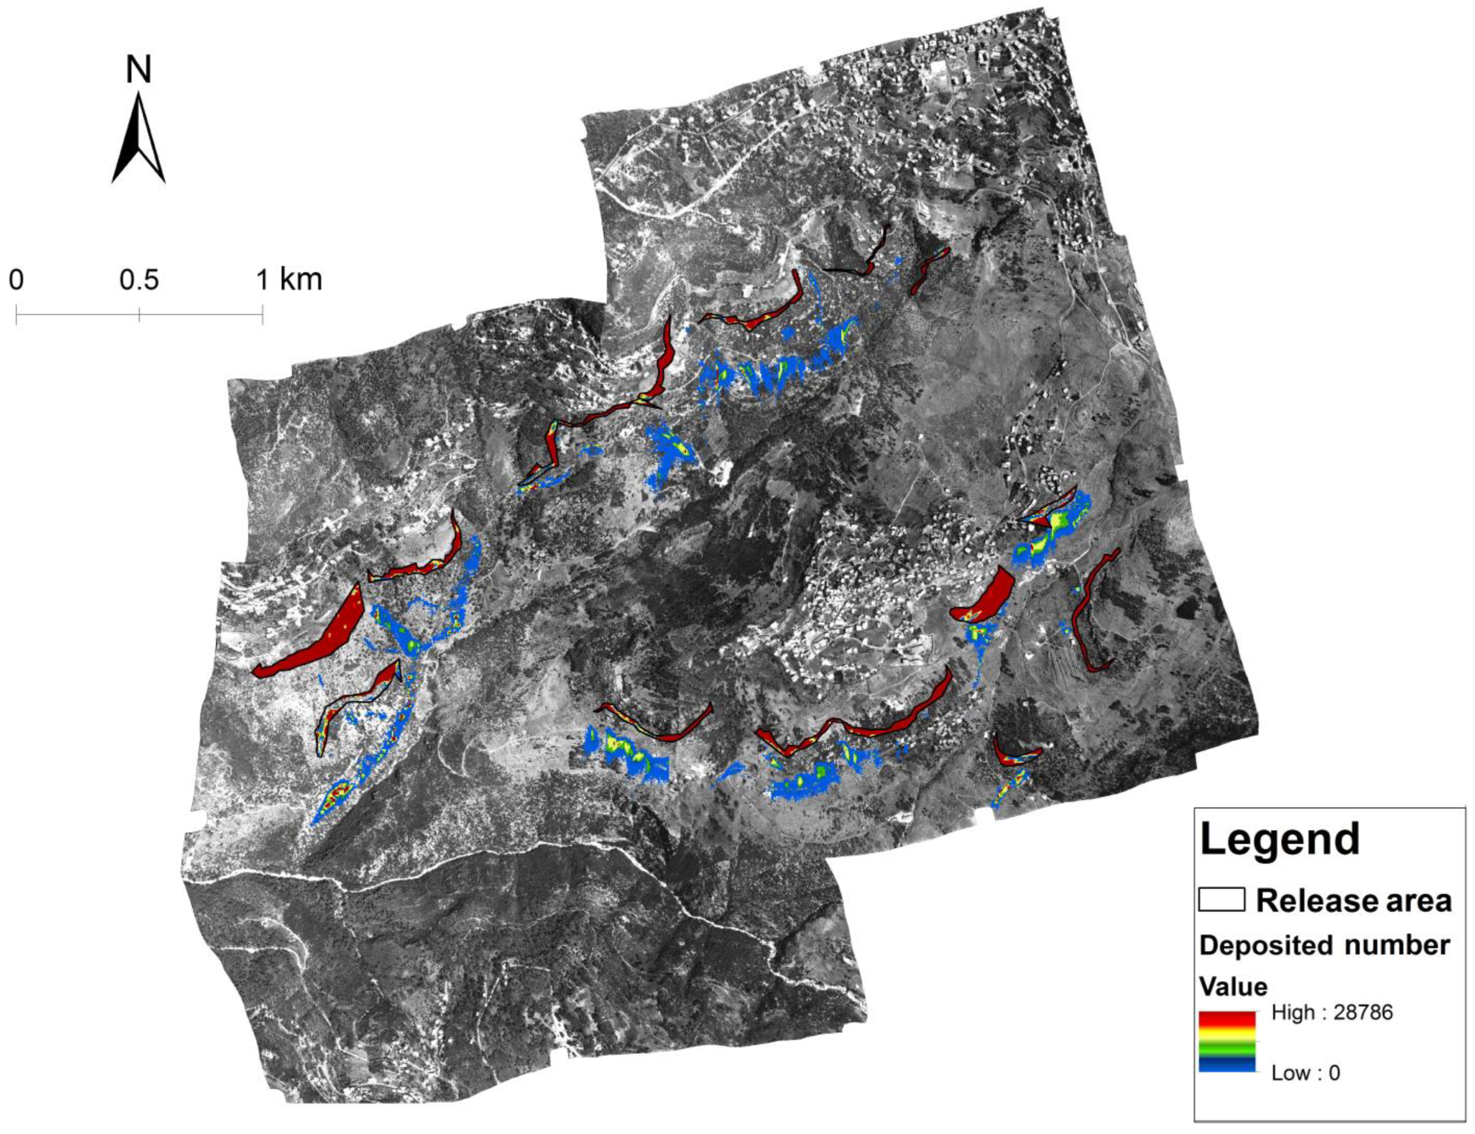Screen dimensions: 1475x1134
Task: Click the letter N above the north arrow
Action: [x=139, y=70]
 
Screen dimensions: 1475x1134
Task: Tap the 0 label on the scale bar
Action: [x=16, y=279]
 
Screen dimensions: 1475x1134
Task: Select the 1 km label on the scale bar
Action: [x=289, y=279]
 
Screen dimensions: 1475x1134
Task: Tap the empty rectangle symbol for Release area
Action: [x=1221, y=900]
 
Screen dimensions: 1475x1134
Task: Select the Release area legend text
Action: [x=1353, y=900]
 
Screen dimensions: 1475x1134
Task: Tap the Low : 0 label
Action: [x=1306, y=1073]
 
